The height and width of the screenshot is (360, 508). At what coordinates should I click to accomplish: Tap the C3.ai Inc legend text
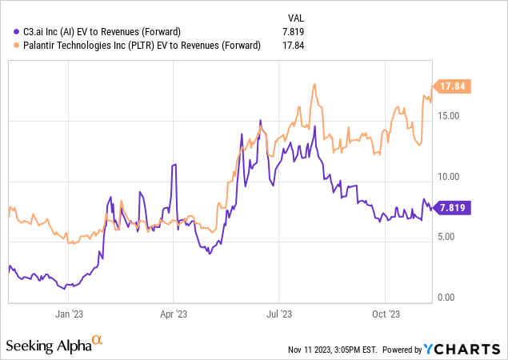coord(104,31)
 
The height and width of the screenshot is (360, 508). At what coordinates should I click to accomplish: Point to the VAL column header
coord(295,16)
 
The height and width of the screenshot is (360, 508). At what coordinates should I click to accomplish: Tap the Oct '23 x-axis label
coord(386,314)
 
